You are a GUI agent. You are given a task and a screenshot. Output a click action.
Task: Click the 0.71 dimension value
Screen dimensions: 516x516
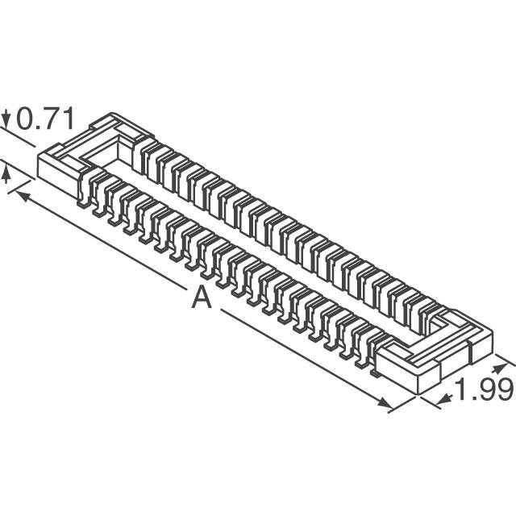coord(45,119)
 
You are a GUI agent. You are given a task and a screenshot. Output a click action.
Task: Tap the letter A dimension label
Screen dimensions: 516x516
coord(202,298)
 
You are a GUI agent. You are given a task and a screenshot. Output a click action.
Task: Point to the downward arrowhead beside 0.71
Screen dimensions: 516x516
coord(6,119)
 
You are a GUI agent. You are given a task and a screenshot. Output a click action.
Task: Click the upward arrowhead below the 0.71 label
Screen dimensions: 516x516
coord(6,174)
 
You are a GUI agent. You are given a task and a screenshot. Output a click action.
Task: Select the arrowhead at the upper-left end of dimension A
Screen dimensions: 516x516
coord(23,196)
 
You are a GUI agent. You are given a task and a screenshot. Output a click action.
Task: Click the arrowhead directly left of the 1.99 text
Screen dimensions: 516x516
coord(445,400)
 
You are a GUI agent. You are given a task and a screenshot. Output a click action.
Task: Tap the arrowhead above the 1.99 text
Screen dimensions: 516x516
coord(499,368)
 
